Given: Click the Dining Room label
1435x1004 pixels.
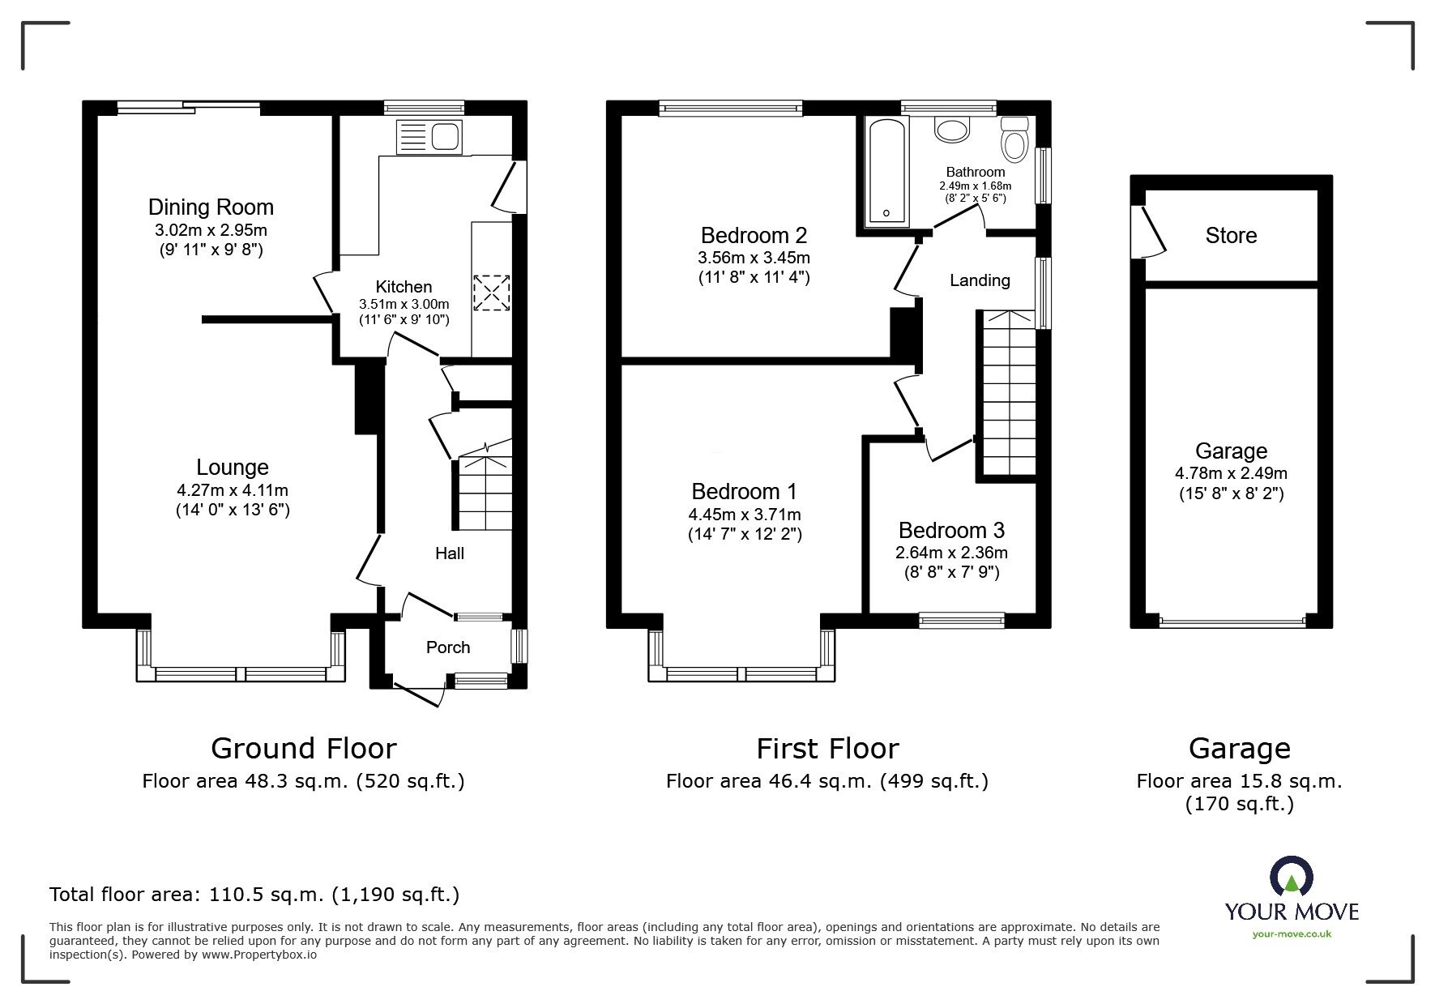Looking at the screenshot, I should pos(211,207).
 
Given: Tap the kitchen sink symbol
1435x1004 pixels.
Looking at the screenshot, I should pos(428,136).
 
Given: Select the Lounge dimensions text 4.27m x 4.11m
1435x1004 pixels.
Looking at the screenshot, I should pos(233,490).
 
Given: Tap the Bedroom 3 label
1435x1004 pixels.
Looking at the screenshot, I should pos(951,531).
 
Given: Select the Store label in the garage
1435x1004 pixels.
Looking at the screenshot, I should pos(1231,236).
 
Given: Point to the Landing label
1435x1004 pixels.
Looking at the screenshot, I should pos(980,280).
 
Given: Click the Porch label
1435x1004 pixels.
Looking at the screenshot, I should pos(448,647).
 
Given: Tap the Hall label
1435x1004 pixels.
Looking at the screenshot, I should pos(450,553).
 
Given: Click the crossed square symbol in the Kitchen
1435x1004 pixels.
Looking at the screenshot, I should pos(492,293).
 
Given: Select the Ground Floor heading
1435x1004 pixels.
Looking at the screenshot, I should pos(304,748).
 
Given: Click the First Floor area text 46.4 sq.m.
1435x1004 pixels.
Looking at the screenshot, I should pos(826,781).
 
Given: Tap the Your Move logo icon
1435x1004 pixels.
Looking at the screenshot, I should pos(1291,876).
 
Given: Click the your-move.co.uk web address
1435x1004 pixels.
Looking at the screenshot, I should pos(1292,934).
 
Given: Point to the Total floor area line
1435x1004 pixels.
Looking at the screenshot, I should pos(254,895).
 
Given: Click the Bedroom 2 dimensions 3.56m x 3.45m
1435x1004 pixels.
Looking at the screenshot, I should pos(754,258).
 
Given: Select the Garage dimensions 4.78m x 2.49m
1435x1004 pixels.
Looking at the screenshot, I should pos(1231,474).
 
